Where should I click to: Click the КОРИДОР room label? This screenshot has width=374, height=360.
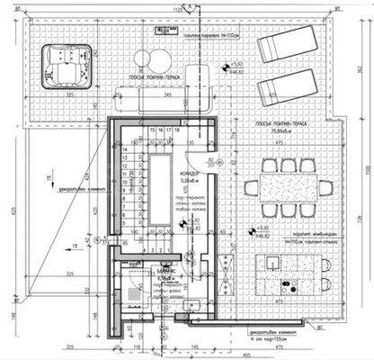[x=189, y=173]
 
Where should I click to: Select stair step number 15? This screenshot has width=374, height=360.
[x=153, y=130]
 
